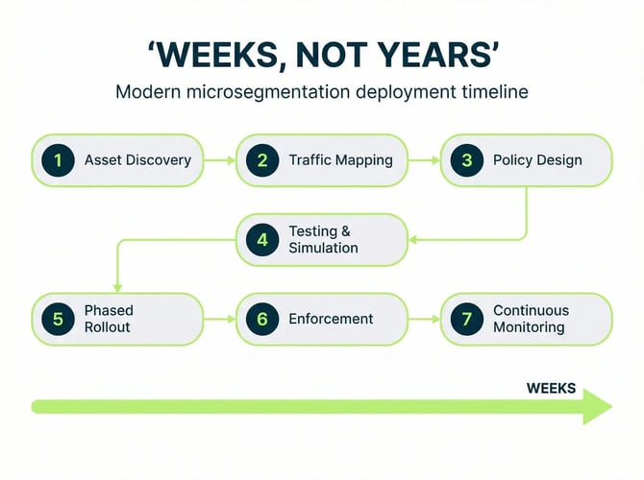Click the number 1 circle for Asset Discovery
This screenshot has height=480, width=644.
(58, 160)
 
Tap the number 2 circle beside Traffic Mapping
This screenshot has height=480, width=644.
(261, 160)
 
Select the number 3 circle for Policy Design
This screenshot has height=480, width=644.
(466, 160)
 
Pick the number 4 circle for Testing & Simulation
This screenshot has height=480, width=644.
(261, 240)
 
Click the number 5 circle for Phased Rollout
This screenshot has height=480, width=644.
(58, 319)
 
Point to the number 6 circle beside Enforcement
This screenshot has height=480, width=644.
(261, 319)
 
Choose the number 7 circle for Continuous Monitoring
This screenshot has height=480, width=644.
(466, 319)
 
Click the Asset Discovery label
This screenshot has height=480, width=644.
(137, 160)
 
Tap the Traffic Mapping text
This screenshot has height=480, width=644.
(340, 160)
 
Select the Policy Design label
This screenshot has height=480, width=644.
(537, 160)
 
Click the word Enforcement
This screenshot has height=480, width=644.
(331, 319)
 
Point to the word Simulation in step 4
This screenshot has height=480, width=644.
(323, 249)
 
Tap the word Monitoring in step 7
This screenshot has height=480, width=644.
(529, 327)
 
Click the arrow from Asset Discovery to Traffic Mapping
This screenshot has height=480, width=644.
(220, 160)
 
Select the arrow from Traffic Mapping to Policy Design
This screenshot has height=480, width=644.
(424, 160)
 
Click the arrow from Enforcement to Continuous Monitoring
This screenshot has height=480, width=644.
(424, 319)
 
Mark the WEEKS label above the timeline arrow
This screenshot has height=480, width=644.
(551, 389)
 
